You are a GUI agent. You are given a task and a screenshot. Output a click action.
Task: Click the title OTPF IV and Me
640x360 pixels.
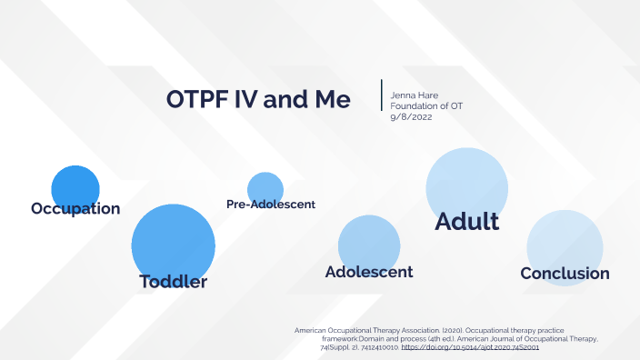258,99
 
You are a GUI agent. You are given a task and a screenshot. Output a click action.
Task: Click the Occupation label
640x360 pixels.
75,208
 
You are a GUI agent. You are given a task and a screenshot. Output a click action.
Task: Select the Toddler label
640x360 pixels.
173,281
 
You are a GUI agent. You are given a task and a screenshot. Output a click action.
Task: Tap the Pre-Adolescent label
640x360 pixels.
270,205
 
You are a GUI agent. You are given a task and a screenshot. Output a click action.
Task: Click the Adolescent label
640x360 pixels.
369,272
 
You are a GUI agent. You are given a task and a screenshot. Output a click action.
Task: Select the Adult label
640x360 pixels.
467,221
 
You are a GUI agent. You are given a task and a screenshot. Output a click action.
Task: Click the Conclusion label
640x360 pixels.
565,273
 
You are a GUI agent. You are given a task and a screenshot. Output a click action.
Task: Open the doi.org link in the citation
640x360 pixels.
470,347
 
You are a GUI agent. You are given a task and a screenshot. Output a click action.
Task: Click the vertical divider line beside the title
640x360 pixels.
382,95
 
